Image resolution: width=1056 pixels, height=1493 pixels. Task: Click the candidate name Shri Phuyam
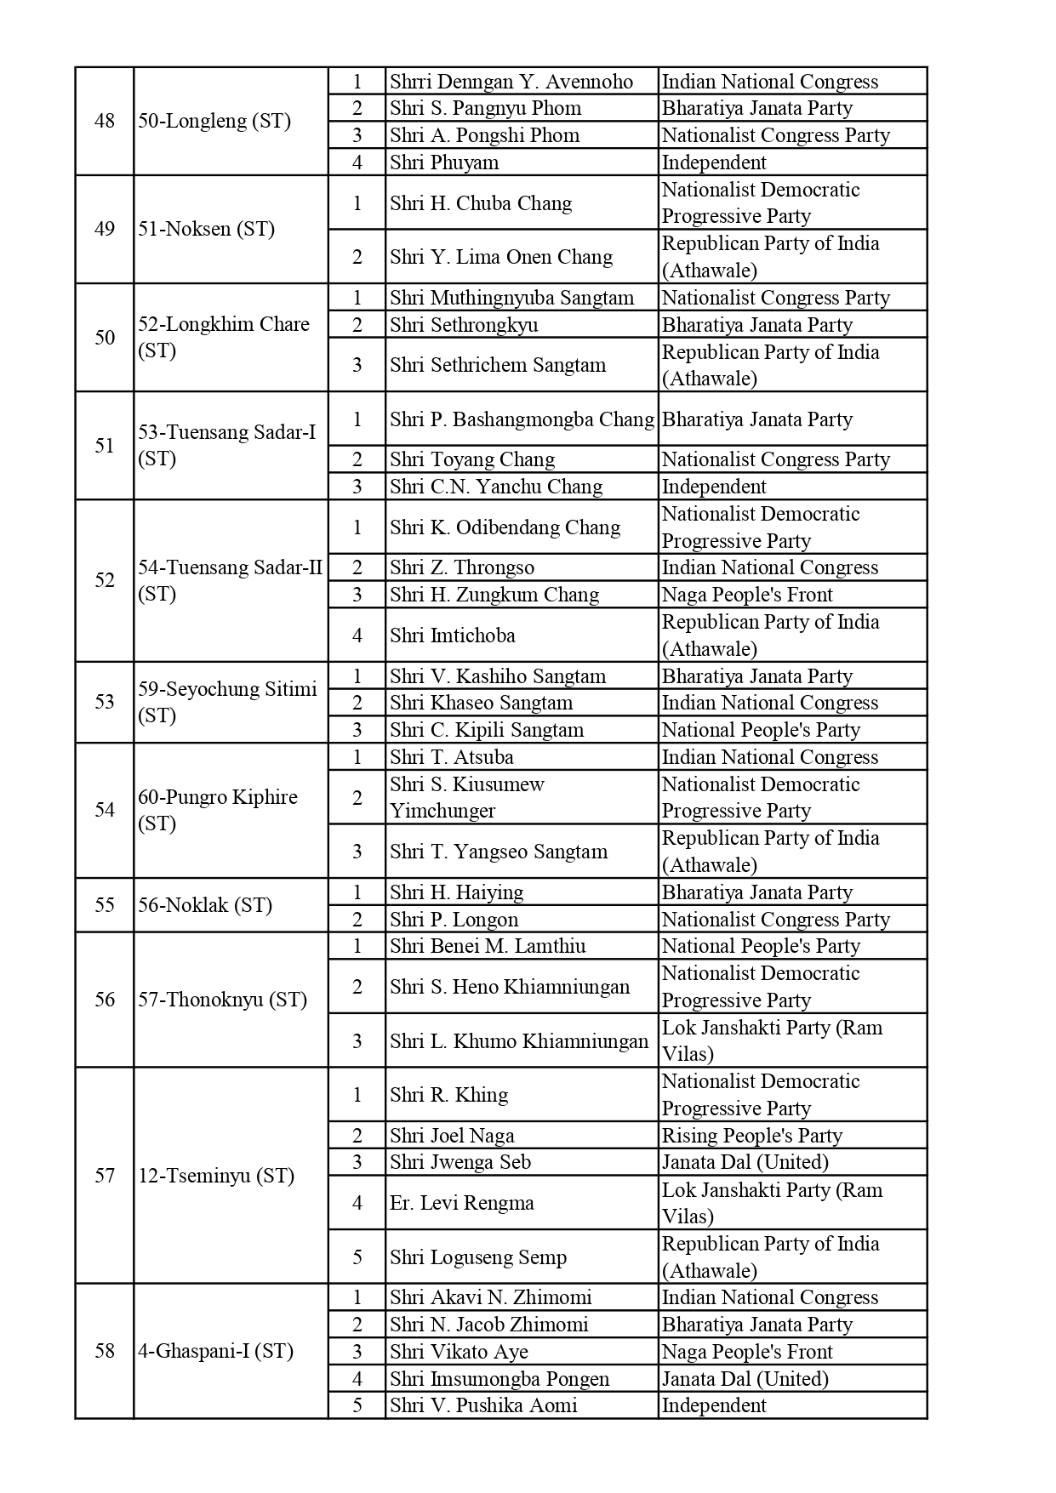444,162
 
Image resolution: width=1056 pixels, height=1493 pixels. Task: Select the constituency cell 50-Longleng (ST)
214,121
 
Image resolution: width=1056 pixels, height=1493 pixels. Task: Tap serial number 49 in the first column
105,229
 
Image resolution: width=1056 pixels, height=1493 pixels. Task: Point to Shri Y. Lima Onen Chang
501,257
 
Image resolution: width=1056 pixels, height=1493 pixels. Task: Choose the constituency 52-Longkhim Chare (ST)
224,338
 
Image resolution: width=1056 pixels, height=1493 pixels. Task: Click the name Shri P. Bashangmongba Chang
522,419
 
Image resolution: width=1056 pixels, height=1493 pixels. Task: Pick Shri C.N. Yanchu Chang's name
496,487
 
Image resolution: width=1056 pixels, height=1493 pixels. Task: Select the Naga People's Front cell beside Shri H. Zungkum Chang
747,595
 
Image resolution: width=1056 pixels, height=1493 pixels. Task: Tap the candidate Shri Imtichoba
452,635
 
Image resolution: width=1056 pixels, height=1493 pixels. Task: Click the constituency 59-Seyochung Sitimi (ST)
227,702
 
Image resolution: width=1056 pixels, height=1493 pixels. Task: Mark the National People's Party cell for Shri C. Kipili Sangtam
761,730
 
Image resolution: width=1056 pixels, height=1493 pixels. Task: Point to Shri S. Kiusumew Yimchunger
467,797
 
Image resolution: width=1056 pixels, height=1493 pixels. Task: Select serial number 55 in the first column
105,905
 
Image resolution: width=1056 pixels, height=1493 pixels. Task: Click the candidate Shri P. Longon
454,920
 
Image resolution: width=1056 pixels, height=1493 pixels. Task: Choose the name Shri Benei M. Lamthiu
488,946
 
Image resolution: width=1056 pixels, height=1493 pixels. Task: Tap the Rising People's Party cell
751,1136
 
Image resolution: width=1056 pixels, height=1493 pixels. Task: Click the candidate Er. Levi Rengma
462,1203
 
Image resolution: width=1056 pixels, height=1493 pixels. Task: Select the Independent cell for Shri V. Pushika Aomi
714,1405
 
